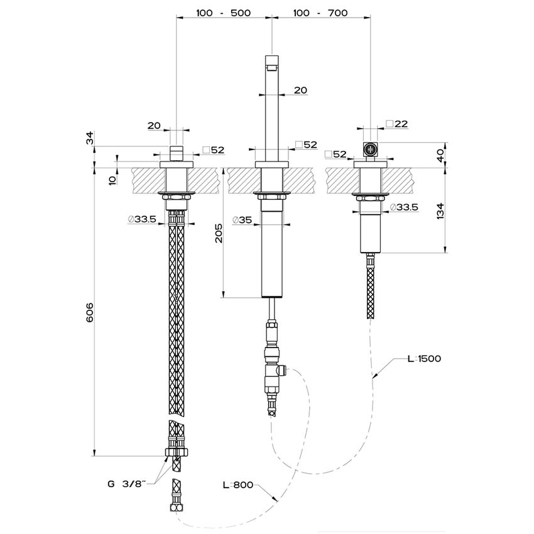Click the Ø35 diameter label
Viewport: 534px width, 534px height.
(242, 220)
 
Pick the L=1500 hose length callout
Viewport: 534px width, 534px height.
(423, 359)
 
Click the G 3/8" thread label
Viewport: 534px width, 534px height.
(126, 483)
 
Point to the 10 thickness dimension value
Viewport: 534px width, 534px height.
(112, 180)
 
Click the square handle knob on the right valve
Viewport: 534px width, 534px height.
(370, 149)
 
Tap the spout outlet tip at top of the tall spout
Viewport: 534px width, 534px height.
(271, 63)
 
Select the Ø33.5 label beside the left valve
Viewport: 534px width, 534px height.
(141, 219)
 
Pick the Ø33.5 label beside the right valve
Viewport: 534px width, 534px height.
(405, 207)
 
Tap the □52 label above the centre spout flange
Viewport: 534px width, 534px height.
(307, 144)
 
